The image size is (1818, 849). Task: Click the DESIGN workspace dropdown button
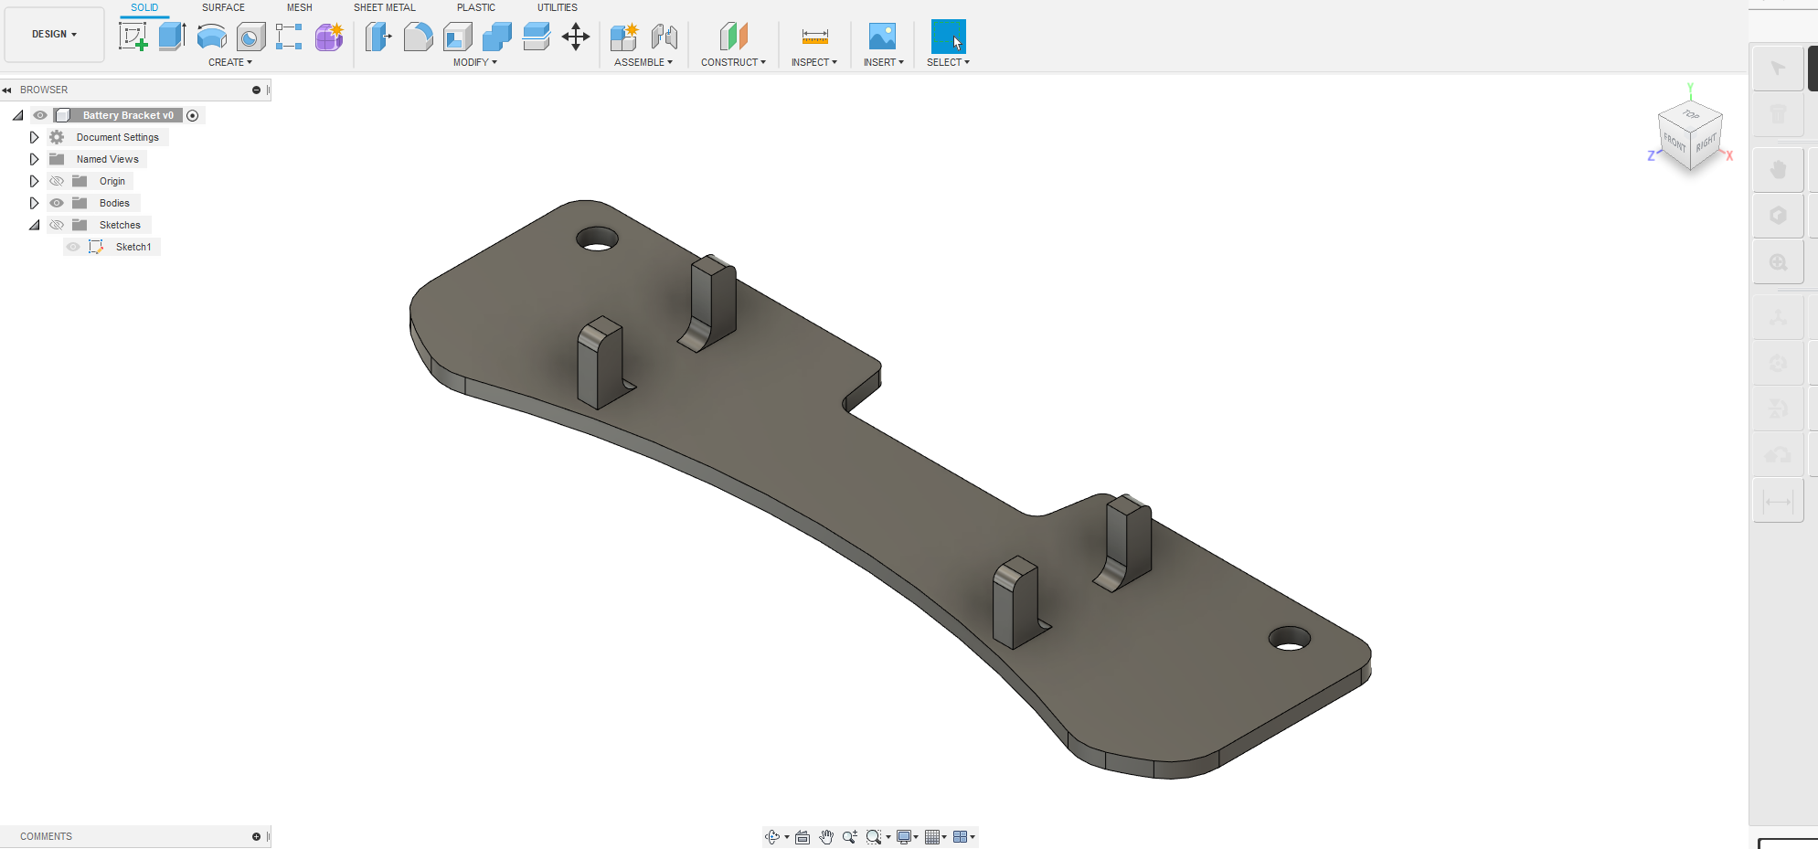(x=54, y=35)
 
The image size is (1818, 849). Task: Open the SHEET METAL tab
(x=384, y=7)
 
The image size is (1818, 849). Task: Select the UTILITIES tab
(x=557, y=7)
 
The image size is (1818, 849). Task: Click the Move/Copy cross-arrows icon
(x=575, y=37)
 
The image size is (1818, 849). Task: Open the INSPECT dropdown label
(x=813, y=62)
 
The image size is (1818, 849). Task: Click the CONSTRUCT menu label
(x=733, y=62)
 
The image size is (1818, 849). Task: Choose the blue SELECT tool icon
(x=948, y=37)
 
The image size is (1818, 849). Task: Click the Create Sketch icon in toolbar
(x=133, y=37)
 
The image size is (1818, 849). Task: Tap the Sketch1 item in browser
(x=133, y=247)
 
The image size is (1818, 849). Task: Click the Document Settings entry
(x=117, y=137)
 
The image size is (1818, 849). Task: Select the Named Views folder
(x=107, y=159)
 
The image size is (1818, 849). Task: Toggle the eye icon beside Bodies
(x=57, y=203)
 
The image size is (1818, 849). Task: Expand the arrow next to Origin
(x=34, y=181)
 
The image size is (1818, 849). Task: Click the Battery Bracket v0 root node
(x=127, y=115)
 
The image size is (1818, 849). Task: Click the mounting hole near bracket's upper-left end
(x=597, y=240)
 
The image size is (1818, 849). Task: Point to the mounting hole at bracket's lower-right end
(x=1289, y=639)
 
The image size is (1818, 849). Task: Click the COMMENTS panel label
(x=46, y=836)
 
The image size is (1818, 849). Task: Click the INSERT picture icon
(x=882, y=37)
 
